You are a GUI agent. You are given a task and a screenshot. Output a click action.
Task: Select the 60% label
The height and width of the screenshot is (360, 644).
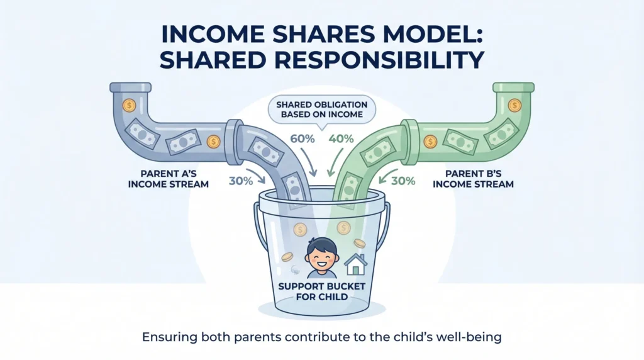(303, 139)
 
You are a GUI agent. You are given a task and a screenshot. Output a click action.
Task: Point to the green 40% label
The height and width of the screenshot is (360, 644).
(341, 139)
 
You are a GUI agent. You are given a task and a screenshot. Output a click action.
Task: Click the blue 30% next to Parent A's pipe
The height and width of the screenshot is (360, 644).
(241, 181)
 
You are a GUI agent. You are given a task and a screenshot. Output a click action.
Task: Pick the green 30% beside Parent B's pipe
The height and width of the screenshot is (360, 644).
(403, 181)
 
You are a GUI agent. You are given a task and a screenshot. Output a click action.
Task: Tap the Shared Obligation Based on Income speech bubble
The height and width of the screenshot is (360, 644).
(321, 110)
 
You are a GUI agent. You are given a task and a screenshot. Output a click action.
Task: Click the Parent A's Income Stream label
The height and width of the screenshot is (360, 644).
(169, 179)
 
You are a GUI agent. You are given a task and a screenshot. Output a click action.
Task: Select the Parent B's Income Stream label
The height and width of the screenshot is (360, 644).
(473, 179)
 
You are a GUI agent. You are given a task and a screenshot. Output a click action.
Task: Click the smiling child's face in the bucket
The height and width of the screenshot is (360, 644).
(321, 257)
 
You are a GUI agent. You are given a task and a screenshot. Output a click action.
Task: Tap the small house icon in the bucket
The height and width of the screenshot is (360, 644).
(355, 264)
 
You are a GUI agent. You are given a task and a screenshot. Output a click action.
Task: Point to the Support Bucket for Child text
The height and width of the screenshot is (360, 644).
(321, 291)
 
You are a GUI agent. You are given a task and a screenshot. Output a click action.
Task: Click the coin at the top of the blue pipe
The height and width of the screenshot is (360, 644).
(129, 105)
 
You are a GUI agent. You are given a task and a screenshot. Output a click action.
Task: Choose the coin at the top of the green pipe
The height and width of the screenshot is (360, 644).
(514, 105)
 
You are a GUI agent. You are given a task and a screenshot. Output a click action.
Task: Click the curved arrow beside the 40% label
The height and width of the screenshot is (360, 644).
(335, 162)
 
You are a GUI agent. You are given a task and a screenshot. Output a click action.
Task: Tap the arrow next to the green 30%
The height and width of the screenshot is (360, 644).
(386, 175)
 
